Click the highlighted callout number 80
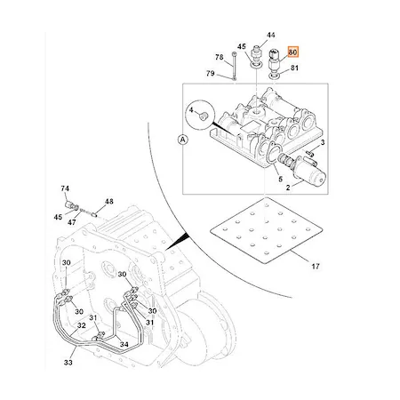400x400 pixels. pyautogui.click(x=292, y=52)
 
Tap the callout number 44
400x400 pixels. pyautogui.click(x=271, y=35)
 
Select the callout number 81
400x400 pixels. pyautogui.click(x=294, y=68)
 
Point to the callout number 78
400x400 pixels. pyautogui.click(x=219, y=57)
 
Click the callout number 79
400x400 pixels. pyautogui.click(x=211, y=73)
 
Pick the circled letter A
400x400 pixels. pyautogui.click(x=183, y=139)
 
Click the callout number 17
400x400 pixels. pyautogui.click(x=316, y=267)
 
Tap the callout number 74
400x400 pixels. pyautogui.click(x=65, y=188)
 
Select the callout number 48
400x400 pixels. pyautogui.click(x=109, y=202)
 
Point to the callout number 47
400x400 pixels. pyautogui.click(x=72, y=222)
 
